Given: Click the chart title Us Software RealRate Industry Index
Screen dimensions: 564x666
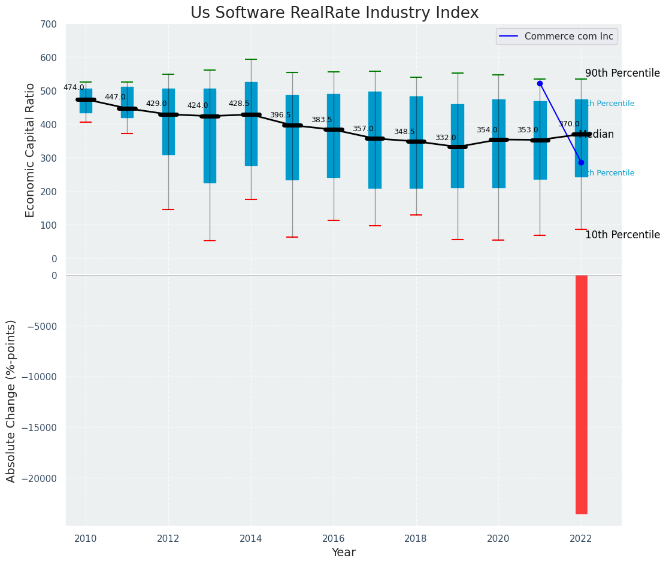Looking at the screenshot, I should (334, 13).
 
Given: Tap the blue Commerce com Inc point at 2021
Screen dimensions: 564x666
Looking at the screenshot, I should (540, 83).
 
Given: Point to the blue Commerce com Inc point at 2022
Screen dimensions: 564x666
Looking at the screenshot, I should (581, 162).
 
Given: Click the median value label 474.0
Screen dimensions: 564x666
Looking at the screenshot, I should (74, 87).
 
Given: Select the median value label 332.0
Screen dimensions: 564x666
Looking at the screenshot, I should (446, 138).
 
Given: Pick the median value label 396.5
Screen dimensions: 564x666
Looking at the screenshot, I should (280, 115).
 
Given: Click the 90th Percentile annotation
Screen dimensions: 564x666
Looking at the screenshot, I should (622, 73).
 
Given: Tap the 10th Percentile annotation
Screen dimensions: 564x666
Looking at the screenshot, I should (622, 235).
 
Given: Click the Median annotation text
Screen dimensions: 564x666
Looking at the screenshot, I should (597, 135).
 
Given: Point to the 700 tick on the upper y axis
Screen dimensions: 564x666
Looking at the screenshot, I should (50, 24).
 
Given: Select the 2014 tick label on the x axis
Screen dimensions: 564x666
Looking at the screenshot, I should (250, 538).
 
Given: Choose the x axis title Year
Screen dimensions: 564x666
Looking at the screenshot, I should (344, 553).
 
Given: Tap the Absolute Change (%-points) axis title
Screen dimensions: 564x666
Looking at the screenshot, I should (11, 401).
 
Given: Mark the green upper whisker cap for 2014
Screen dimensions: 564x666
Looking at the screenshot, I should (251, 59).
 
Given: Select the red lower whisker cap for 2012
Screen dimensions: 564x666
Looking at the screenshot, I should (168, 210).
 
